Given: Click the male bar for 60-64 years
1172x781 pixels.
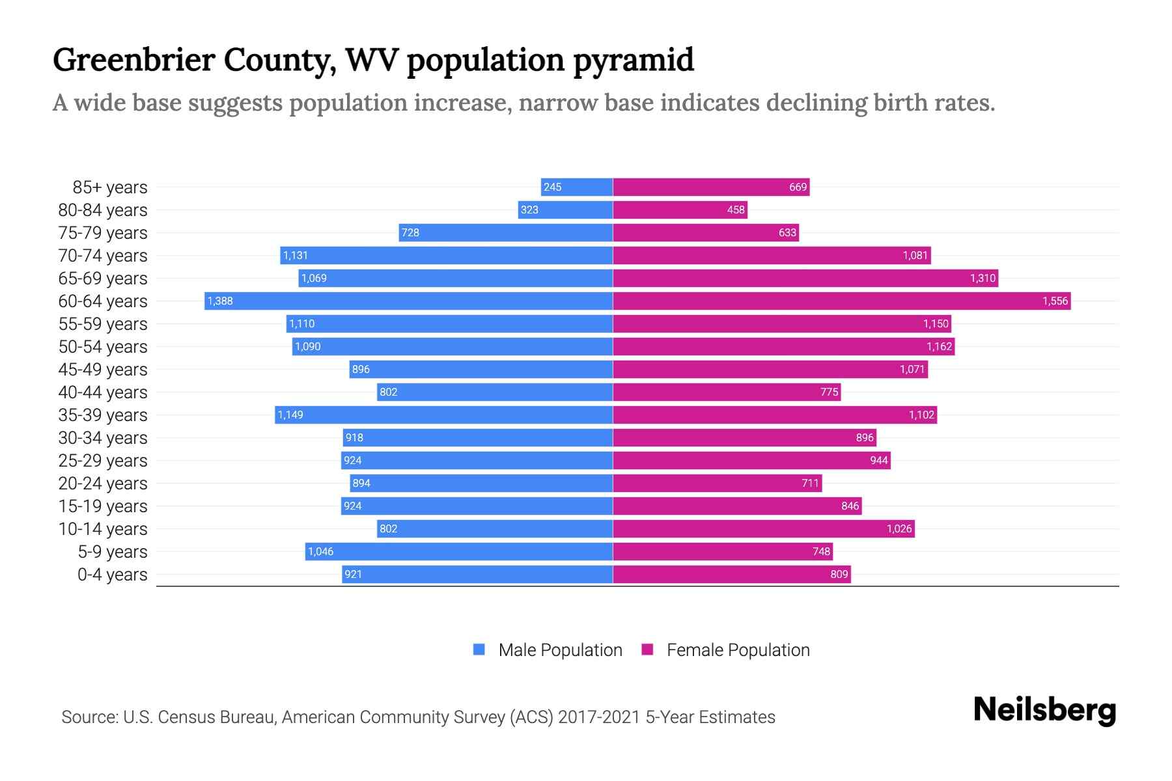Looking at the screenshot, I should coord(408,301).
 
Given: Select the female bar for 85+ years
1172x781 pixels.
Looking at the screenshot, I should coord(711,187).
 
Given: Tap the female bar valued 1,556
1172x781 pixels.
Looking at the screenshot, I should coord(841,301).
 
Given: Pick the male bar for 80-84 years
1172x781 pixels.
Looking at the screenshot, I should coord(565,210).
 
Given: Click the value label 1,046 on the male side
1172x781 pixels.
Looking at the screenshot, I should coord(320,551).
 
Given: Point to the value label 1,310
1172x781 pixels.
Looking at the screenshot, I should coord(983,278).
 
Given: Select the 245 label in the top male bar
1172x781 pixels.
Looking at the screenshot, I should coord(552,187).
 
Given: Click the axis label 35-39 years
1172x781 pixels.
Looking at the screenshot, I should coord(103,415).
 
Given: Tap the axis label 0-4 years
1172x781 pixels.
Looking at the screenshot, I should coord(112,574).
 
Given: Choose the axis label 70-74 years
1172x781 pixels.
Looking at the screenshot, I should coord(103,255).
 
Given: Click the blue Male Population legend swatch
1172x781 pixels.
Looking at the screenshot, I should coord(479,650).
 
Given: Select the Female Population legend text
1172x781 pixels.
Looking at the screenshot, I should coord(738,650).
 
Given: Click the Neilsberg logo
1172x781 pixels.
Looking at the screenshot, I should coord(1044,709).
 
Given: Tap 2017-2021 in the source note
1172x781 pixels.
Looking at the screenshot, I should coord(598,717).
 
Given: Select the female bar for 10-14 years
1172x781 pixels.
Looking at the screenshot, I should coord(763,528).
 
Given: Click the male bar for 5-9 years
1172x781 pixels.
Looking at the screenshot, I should coord(459,551).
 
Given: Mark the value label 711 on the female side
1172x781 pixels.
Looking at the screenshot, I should coord(810,483).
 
